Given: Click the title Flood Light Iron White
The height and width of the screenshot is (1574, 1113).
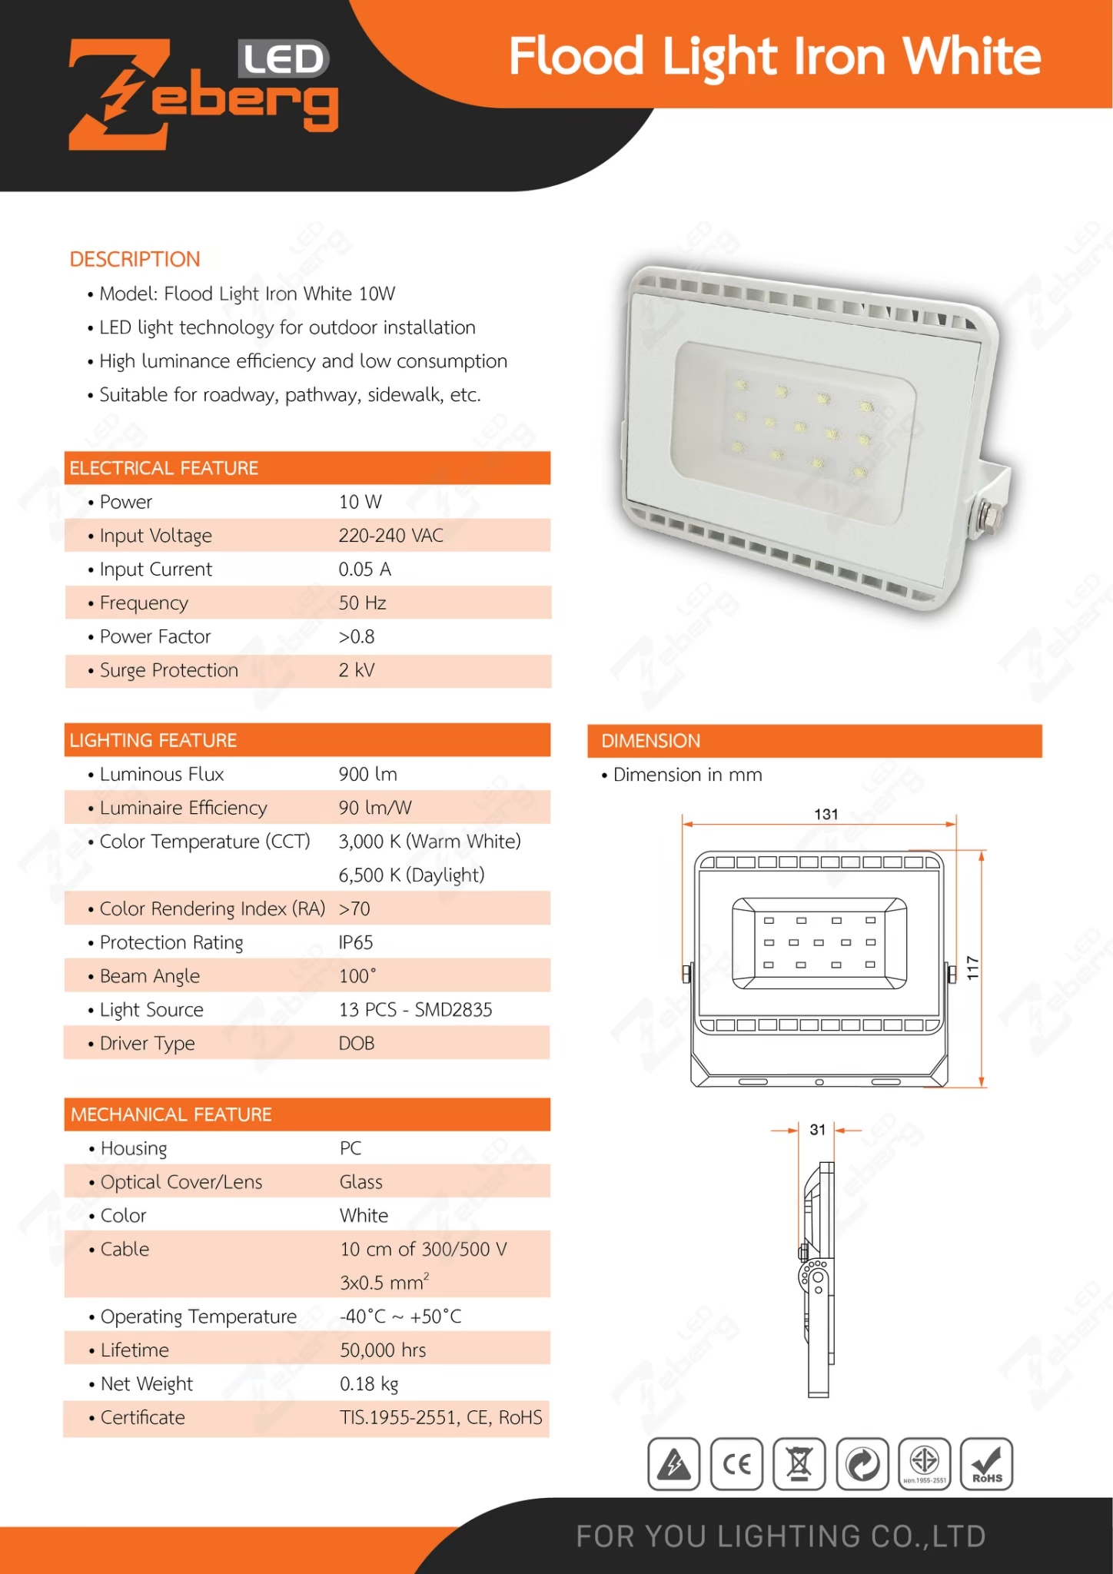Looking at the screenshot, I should (774, 57).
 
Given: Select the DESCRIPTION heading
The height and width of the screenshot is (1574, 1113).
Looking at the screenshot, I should (135, 259).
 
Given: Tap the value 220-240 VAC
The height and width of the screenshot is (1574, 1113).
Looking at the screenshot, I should (390, 536).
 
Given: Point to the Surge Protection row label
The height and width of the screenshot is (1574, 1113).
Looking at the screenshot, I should (168, 670).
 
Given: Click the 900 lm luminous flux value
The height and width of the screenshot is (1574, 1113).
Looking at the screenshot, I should (367, 774).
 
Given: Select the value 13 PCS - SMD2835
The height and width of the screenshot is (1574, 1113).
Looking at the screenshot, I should (415, 1010).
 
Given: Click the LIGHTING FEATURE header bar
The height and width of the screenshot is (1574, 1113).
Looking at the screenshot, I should (307, 740).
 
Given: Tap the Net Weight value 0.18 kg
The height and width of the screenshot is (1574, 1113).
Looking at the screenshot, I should (369, 1384).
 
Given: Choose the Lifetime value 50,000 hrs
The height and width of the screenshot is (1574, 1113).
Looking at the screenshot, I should (383, 1350).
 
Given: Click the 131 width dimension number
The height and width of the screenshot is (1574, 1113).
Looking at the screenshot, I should (826, 814).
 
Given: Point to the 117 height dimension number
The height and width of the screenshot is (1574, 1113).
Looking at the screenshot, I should (973, 968).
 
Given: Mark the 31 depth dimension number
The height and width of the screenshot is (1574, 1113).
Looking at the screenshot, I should (817, 1130).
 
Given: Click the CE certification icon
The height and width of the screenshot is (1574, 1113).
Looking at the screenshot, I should (736, 1464).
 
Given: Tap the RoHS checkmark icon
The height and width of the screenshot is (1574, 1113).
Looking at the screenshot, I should (987, 1464).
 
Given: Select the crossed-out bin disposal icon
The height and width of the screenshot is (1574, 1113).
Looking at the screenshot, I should (799, 1464).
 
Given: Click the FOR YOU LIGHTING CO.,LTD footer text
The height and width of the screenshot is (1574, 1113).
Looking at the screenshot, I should (780, 1536).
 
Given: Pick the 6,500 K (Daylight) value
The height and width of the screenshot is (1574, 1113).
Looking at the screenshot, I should (411, 875).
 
